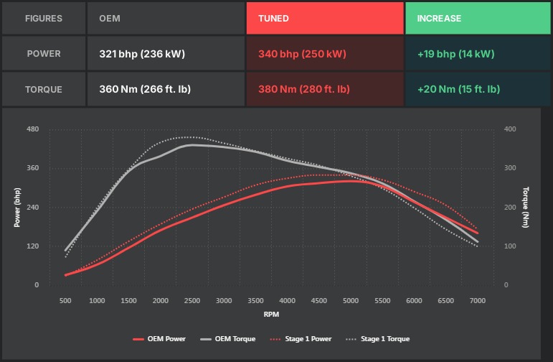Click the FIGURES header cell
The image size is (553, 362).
pyautogui.click(x=44, y=18)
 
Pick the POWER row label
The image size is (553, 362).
pyautogui.click(x=44, y=54)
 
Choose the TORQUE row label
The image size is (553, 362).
pyautogui.click(x=44, y=90)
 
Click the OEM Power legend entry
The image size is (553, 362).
pyautogui.click(x=159, y=338)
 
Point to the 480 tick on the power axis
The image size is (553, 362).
pyautogui.click(x=33, y=129)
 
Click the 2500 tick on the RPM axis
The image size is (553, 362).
pyautogui.click(x=192, y=300)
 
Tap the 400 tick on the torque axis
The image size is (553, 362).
pyautogui.click(x=510, y=129)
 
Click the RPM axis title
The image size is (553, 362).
pyautogui.click(x=271, y=314)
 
